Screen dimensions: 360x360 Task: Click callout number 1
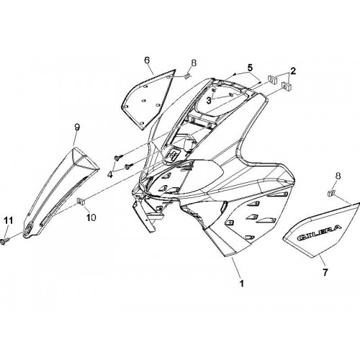pos(242,284)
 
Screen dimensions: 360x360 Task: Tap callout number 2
pos(293,71)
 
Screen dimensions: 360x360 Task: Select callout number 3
pos(209,101)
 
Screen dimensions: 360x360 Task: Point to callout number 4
pos(110,174)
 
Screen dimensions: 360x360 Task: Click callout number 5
pos(250,68)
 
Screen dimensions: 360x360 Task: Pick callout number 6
pos(147,60)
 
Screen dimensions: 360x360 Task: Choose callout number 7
pos(325,272)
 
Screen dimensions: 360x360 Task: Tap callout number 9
pos(76,127)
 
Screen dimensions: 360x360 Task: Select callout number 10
pos(91,217)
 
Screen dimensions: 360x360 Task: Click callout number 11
pos(9,220)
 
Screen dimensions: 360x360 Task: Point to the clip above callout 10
pos(81,202)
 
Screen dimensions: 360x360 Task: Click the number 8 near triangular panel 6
pos(194,63)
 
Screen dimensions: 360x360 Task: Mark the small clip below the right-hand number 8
pos(331,192)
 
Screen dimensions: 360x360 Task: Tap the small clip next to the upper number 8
pos(187,76)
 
